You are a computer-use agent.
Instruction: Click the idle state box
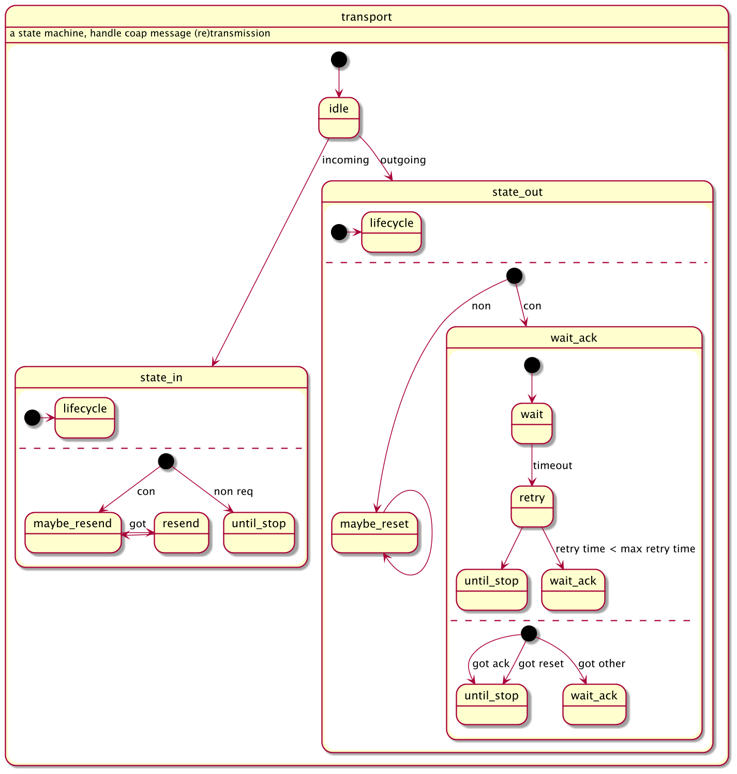pyautogui.click(x=339, y=117)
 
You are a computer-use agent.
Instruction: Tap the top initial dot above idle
pyautogui.click(x=339, y=59)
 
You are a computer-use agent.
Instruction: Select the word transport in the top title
pyautogui.click(x=366, y=17)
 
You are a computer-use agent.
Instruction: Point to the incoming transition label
pyautogui.click(x=345, y=160)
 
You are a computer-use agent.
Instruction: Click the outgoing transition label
pyautogui.click(x=403, y=160)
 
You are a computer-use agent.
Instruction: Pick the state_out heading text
pyautogui.click(x=517, y=192)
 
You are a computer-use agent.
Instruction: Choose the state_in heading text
pyautogui.click(x=161, y=378)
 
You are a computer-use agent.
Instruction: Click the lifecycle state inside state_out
pyautogui.click(x=392, y=232)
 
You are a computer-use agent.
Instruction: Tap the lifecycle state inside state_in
pyautogui.click(x=85, y=418)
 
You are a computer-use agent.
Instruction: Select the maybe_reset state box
pyautogui.click(x=374, y=532)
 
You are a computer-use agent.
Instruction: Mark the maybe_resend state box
pyautogui.click(x=73, y=532)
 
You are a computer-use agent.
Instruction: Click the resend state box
pyautogui.click(x=181, y=532)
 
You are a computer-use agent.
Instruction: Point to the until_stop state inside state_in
pyautogui.click(x=259, y=532)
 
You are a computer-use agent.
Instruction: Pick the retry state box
pyautogui.click(x=532, y=507)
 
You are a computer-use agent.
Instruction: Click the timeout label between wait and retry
pyautogui.click(x=552, y=466)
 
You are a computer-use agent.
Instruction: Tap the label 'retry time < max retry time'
pyautogui.click(x=625, y=549)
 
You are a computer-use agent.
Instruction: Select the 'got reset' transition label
pyautogui.click(x=541, y=664)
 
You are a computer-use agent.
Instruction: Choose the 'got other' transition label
pyautogui.click(x=601, y=664)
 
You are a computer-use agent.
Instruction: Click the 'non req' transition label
pyautogui.click(x=233, y=492)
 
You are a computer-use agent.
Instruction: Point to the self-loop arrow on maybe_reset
pyautogui.click(x=431, y=533)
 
